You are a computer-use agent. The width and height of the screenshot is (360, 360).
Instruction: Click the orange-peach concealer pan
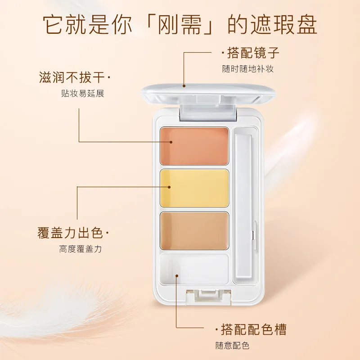(194, 146)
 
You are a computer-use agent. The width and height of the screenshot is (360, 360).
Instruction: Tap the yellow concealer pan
(194, 188)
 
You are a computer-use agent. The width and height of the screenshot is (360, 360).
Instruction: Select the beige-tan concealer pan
(194, 231)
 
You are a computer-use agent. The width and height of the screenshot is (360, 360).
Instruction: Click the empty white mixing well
(194, 269)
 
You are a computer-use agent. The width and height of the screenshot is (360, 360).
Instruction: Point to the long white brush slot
(243, 206)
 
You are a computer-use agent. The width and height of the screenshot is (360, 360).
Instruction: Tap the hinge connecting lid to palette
(208, 112)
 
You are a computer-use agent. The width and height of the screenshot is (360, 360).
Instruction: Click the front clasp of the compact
(208, 297)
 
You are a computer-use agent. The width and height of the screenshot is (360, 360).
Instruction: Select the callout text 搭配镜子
(253, 53)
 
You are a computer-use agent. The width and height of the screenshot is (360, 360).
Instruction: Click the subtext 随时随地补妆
(248, 69)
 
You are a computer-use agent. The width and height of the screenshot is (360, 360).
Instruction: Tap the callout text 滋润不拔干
(72, 77)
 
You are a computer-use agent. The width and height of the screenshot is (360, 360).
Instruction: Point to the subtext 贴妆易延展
(83, 94)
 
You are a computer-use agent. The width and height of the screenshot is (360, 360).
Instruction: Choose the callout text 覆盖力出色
(70, 233)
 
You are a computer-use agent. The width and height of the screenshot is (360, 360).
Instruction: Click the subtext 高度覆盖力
(81, 249)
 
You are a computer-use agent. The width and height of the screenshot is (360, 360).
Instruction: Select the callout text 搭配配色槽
(254, 329)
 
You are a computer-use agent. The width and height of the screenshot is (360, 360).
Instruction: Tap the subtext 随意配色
(232, 346)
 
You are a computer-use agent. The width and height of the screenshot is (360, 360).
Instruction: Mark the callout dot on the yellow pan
(169, 187)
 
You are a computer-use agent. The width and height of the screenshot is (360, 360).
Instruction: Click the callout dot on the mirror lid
(184, 86)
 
